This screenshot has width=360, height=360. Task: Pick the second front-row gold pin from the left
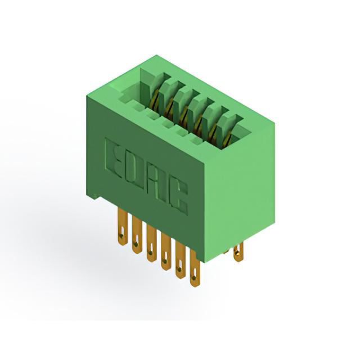137,235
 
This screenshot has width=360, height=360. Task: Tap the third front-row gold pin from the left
151,244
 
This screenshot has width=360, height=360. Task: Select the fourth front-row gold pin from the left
166,252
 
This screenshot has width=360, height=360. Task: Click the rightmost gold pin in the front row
195,268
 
